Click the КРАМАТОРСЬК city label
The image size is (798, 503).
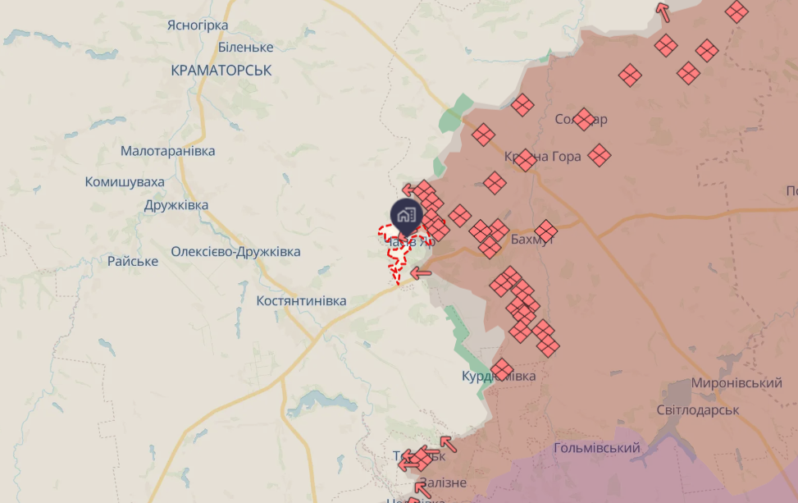point(221,71)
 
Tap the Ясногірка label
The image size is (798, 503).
point(198,25)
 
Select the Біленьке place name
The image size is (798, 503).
point(245,48)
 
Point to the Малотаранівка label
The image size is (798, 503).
point(167,151)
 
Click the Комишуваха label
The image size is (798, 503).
point(125,182)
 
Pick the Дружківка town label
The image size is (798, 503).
point(176,205)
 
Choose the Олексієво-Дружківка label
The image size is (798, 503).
point(235,251)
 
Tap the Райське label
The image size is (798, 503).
point(132,261)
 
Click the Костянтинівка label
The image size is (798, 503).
point(301,301)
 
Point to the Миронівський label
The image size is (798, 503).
point(736,383)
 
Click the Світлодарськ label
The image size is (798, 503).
point(698,409)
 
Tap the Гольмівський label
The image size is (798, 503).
point(596,448)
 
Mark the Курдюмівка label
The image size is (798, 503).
point(499,376)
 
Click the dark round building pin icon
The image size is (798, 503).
point(405,216)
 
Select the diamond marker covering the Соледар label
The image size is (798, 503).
point(583,120)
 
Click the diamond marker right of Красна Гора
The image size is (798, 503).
point(600,154)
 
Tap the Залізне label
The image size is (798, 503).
point(442,482)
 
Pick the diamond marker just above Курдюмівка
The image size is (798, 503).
point(503,368)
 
